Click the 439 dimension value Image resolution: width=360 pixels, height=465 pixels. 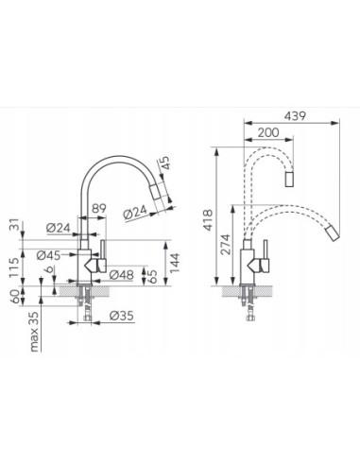click(x=295, y=116)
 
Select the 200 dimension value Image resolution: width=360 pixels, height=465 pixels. click(x=268, y=132)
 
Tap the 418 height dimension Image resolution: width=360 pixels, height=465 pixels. click(x=208, y=220)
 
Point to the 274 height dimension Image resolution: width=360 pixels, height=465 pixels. click(x=225, y=244)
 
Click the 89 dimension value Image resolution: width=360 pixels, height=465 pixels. click(x=99, y=208)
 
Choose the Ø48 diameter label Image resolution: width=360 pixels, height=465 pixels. click(x=122, y=275)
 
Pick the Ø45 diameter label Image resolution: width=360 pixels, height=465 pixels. click(x=48, y=255)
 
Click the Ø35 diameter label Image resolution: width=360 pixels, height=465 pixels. click(x=122, y=316)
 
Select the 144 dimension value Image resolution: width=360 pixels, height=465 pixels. click(x=174, y=263)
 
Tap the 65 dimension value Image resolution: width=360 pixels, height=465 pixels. click(x=152, y=276)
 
